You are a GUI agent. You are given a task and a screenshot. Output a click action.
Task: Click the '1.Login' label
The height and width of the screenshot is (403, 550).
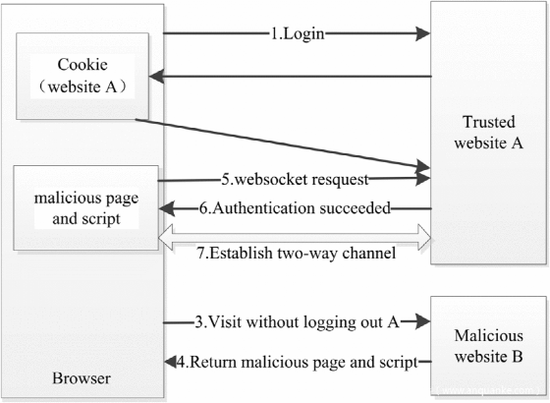click(298, 34)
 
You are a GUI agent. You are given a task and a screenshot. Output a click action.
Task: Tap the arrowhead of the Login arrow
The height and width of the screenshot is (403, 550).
click(422, 33)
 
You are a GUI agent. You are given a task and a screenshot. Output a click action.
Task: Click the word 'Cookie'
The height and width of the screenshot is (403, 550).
click(82, 65)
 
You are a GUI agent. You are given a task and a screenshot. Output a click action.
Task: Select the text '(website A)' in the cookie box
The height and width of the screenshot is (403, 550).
click(82, 86)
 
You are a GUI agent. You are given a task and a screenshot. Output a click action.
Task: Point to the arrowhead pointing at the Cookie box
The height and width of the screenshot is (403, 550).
click(156, 77)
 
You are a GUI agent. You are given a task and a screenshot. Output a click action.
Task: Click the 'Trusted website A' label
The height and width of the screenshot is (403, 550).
click(489, 133)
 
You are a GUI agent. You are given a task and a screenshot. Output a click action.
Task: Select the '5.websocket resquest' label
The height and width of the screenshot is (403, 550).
click(295, 179)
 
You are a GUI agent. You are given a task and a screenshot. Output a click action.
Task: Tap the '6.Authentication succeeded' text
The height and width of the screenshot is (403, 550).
click(295, 208)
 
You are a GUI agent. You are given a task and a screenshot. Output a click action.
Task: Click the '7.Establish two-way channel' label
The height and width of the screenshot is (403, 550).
click(297, 253)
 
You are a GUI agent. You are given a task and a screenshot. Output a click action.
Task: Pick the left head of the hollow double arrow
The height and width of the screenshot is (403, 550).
click(166, 238)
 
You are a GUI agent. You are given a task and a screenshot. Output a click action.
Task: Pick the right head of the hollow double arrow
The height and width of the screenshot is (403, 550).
click(424, 237)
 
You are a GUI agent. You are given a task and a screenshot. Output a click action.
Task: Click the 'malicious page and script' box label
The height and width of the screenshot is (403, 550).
click(86, 208)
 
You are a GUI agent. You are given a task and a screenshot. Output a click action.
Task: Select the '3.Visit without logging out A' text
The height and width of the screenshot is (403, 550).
click(297, 322)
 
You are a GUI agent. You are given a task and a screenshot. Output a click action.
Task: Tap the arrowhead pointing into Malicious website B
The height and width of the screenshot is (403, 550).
click(422, 320)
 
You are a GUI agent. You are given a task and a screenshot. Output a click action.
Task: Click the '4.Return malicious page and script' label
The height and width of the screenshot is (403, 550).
click(297, 362)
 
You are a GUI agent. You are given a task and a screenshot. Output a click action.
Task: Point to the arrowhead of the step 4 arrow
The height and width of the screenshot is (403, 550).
click(171, 362)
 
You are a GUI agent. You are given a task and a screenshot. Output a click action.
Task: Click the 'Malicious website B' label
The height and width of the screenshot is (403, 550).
click(489, 346)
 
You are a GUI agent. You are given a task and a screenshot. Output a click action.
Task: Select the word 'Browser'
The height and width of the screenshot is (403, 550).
click(82, 378)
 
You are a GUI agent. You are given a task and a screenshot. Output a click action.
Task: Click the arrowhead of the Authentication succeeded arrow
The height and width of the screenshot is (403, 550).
click(167, 208)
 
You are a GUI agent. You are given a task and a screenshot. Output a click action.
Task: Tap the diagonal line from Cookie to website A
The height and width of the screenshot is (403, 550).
click(283, 144)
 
